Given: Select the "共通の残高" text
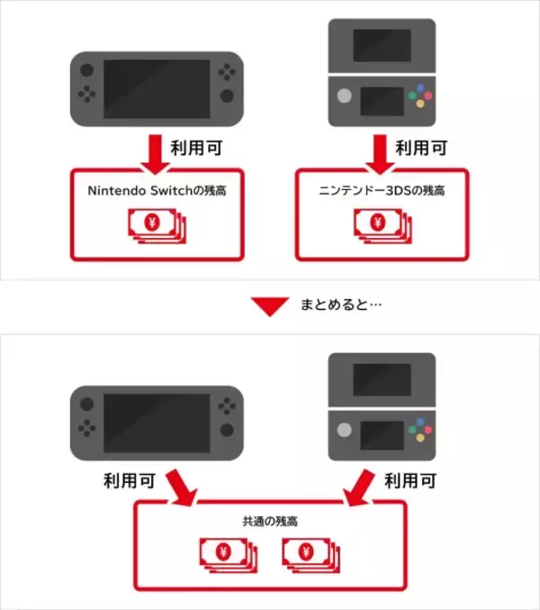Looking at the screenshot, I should [x=271, y=521].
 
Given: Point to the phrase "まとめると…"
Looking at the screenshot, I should [x=341, y=306].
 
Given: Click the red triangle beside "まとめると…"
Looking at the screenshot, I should [x=269, y=306].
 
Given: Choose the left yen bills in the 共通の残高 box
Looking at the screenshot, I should [x=226, y=552].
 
